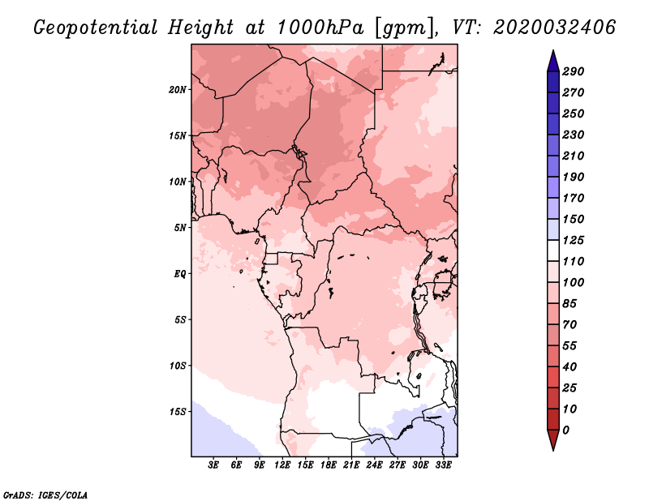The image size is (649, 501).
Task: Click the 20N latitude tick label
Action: click(x=178, y=89)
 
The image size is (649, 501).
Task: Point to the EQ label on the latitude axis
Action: click(x=180, y=273)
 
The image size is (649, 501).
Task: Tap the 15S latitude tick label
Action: click(x=178, y=412)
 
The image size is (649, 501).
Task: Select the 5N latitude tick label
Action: click(x=180, y=228)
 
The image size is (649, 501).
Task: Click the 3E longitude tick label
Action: click(x=213, y=465)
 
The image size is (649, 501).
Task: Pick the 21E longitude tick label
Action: click(x=351, y=465)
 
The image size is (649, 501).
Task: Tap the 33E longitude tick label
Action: click(x=443, y=465)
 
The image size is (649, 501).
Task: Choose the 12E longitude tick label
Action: click(x=282, y=465)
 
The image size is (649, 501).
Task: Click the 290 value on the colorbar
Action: click(x=574, y=71)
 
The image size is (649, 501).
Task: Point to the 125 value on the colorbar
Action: click(x=574, y=240)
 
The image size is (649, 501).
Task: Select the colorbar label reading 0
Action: click(x=565, y=430)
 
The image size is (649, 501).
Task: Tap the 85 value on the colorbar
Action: click(x=569, y=304)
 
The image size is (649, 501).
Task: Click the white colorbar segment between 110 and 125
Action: click(x=553, y=250)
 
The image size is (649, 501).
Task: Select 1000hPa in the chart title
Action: click(x=320, y=28)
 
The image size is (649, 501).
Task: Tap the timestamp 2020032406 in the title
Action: click(x=555, y=28)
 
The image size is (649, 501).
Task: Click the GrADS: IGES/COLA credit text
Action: click(x=45, y=495)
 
